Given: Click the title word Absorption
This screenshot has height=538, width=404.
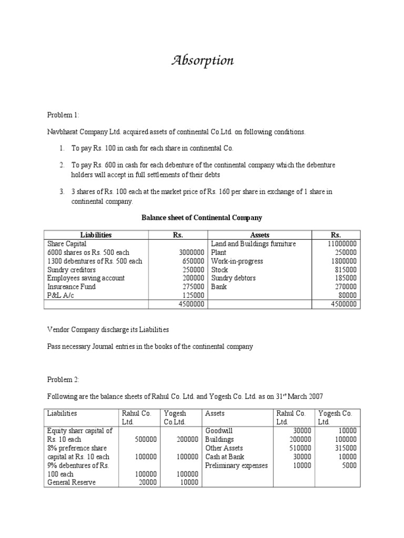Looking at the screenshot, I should [x=203, y=61].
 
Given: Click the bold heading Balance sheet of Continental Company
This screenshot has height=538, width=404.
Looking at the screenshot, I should [x=202, y=217].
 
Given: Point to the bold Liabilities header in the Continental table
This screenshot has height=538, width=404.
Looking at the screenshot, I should [x=96, y=235].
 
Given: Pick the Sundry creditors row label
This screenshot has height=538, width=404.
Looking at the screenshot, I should [x=72, y=270].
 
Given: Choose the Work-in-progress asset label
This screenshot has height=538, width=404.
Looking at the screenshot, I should [x=237, y=261].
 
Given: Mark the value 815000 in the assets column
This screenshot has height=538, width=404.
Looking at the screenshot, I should [x=345, y=270].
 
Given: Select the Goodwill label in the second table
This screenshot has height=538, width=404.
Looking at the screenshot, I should [x=219, y=431].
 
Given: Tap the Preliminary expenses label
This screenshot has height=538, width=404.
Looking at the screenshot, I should [x=236, y=465].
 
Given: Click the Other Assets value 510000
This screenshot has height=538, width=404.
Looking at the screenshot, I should [x=300, y=448].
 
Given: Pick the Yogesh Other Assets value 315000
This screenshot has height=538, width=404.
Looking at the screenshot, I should [x=345, y=448].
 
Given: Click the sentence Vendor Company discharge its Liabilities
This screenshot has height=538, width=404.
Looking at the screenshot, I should [x=108, y=329].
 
